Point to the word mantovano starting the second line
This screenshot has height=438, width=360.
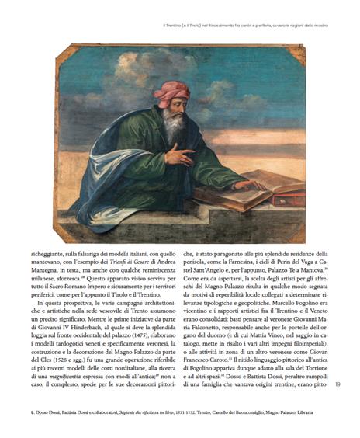click(x=48, y=266)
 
